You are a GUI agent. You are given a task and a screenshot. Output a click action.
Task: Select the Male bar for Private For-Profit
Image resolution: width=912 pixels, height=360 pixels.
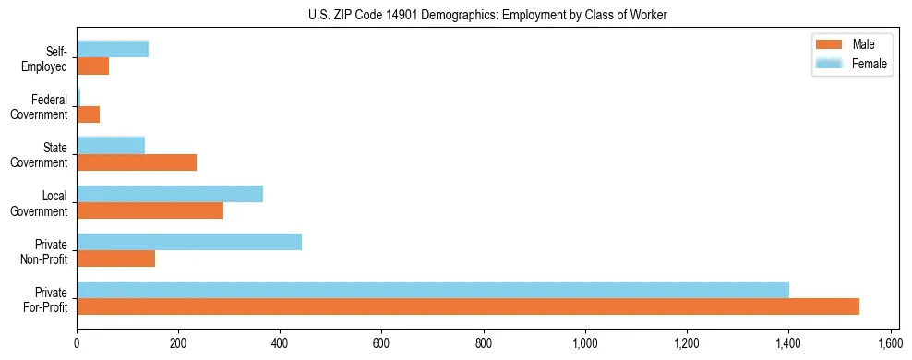468,306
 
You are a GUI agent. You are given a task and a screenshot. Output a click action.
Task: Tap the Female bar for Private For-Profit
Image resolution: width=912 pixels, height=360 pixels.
433,289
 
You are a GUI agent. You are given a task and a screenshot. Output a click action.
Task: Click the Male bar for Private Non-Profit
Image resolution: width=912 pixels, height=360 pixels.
116,258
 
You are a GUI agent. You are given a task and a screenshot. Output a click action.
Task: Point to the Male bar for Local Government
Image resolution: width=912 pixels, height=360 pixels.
150,210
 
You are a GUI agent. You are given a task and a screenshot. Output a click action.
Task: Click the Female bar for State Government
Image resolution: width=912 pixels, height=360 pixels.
111,145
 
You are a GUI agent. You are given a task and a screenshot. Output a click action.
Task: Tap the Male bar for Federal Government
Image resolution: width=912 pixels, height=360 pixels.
89,114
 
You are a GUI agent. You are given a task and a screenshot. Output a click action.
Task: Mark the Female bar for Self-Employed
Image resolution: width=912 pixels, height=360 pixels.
113,49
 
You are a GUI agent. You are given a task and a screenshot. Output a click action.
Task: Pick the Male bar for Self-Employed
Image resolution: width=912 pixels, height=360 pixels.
93,66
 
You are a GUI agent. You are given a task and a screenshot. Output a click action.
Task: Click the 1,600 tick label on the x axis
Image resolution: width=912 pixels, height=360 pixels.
890,342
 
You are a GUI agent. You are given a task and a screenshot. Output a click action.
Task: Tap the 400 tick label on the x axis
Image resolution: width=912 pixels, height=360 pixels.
281,342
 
